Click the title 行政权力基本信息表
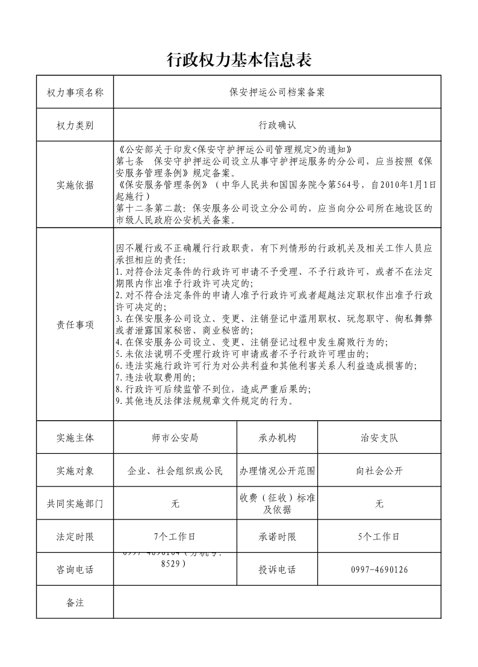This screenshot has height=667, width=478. [x=238, y=60]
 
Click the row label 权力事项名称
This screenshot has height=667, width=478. [x=75, y=92]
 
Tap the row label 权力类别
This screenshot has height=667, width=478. [x=75, y=125]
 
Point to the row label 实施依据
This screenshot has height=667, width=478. [x=75, y=185]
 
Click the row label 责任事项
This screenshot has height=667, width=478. [x=75, y=324]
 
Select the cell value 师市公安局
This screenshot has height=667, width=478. [x=175, y=438]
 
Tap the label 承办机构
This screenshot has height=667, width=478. [x=278, y=438]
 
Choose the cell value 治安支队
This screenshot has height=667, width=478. [x=379, y=438]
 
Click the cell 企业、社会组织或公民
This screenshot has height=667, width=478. [x=175, y=471]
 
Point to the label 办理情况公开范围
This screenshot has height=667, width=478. [x=278, y=471]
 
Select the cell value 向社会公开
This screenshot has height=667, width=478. [x=379, y=471]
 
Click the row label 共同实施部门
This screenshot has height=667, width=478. [x=75, y=504]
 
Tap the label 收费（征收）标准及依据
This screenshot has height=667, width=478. [x=278, y=504]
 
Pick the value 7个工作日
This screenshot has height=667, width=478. [x=175, y=536]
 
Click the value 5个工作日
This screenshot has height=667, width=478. [x=379, y=536]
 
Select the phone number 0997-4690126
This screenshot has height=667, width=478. [x=379, y=569]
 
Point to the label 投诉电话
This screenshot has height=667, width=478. [x=278, y=569]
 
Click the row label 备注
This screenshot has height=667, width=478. [x=75, y=602]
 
